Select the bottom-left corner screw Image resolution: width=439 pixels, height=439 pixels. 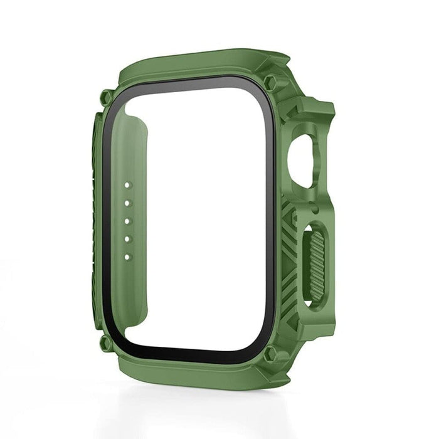coord(105,341)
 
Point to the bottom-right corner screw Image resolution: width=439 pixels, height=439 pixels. coord(271,355)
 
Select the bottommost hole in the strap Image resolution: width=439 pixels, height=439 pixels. coord(127,257)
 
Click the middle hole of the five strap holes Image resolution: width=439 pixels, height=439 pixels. coord(127,221)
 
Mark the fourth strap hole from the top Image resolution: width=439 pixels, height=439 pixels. coord(127,239)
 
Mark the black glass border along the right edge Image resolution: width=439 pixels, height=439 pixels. coord(270,219)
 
